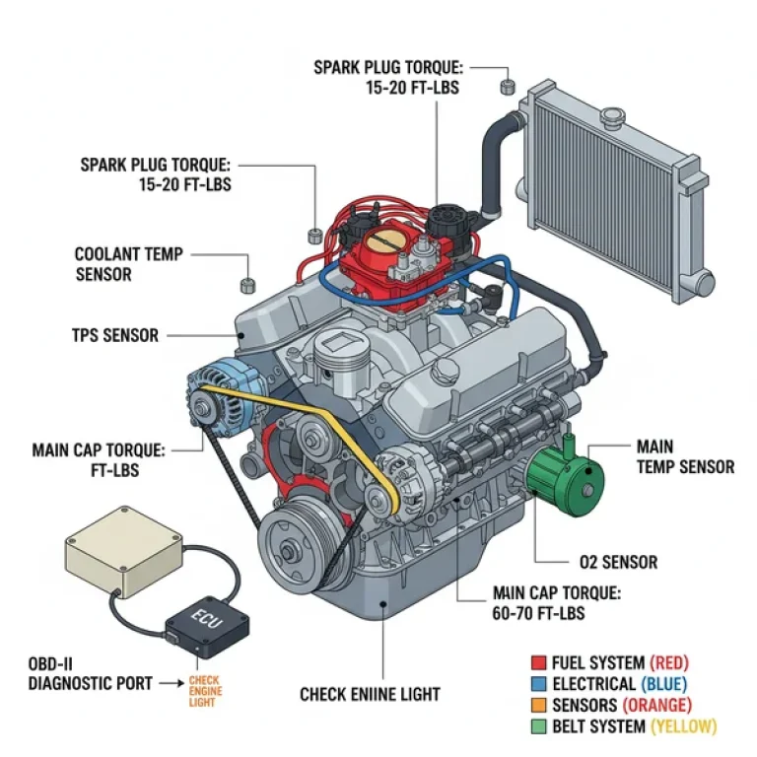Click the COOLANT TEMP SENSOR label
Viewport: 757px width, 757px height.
pyautogui.click(x=128, y=264)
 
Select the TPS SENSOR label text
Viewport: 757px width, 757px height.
pyautogui.click(x=114, y=335)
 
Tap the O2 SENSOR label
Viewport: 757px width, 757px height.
pyautogui.click(x=618, y=563)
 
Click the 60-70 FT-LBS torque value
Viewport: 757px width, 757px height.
pyautogui.click(x=539, y=613)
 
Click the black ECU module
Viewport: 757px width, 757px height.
pyautogui.click(x=207, y=622)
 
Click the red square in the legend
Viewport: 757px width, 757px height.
pyautogui.click(x=538, y=662)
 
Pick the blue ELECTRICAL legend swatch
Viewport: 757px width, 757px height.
pyautogui.click(x=538, y=684)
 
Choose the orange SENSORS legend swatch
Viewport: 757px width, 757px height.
pyautogui.click(x=538, y=706)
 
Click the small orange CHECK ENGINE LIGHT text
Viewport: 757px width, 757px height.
pyautogui.click(x=205, y=691)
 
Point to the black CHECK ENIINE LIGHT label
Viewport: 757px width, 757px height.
pyautogui.click(x=370, y=695)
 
